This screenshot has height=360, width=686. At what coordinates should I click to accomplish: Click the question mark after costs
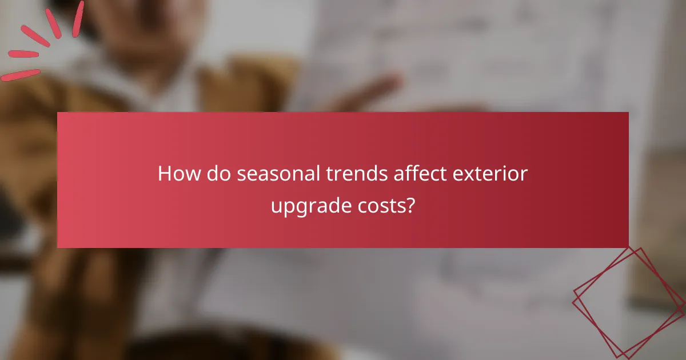pyautogui.click(x=410, y=205)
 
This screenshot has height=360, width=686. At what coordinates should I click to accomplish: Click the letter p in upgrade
pyautogui.click(x=286, y=209)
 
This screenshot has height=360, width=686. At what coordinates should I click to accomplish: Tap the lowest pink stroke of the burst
pyautogui.click(x=20, y=75)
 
